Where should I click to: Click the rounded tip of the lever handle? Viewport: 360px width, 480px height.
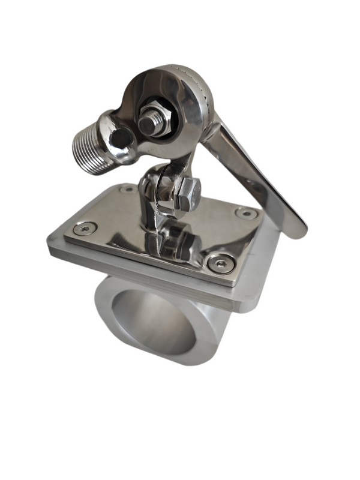click(296, 228)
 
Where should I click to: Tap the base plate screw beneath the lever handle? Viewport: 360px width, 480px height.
click(247, 212)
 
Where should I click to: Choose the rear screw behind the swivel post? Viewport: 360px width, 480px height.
click(127, 189)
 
